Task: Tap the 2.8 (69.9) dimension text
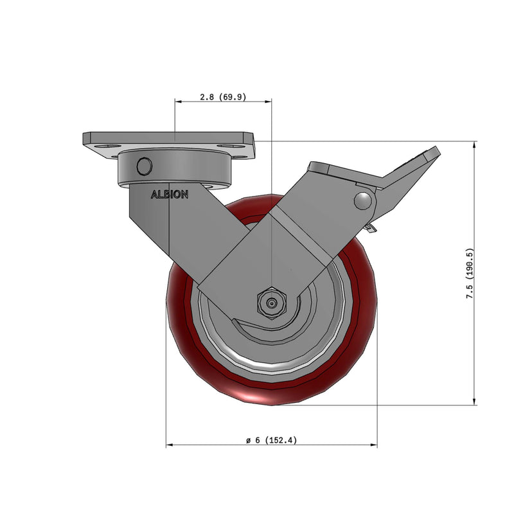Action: click(x=223, y=97)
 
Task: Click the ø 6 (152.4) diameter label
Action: click(x=271, y=440)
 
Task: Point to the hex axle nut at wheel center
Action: click(x=271, y=302)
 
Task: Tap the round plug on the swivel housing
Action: click(x=144, y=166)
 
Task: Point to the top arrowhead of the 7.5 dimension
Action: click(x=475, y=145)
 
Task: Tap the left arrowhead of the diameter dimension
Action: click(x=170, y=445)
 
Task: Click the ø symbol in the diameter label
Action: click(x=247, y=441)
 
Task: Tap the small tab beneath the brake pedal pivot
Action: click(x=369, y=228)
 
